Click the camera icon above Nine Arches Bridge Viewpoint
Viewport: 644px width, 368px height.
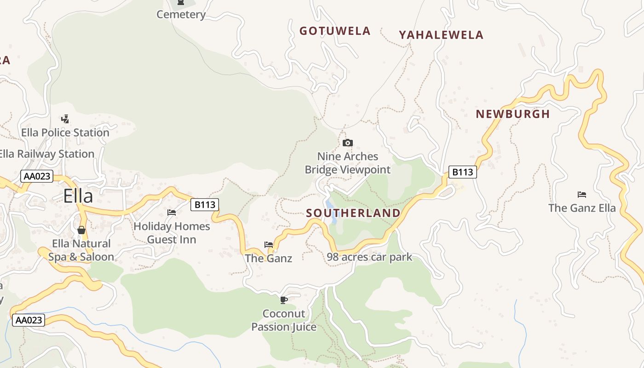[348, 143]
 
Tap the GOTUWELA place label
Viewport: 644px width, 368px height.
[335, 31]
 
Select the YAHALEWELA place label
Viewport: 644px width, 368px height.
[441, 35]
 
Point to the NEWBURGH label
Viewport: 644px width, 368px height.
[513, 114]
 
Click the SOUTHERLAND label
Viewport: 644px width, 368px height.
[353, 213]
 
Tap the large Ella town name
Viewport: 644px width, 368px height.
[78, 196]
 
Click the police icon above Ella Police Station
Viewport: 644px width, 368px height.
[65, 119]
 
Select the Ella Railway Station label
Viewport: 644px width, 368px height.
[46, 154]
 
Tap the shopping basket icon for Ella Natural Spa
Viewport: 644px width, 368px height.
[81, 230]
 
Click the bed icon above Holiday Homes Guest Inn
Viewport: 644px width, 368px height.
[172, 213]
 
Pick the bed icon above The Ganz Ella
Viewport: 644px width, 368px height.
[582, 195]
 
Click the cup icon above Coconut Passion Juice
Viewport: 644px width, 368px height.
[284, 300]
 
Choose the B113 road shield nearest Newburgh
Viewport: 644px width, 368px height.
[462, 172]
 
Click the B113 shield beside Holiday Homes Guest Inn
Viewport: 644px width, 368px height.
[205, 205]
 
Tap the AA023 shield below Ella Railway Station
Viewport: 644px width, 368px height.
[37, 176]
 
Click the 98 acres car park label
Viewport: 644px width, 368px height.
[369, 257]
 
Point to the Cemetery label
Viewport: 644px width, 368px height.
[181, 15]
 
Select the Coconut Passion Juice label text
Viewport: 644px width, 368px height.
[284, 320]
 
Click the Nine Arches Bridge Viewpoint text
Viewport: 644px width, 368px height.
[348, 163]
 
